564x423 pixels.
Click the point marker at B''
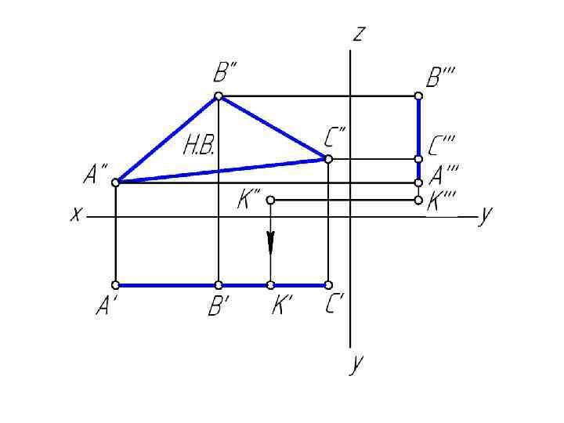click(x=219, y=96)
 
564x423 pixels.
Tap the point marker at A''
click(x=115, y=183)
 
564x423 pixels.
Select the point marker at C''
click(x=328, y=159)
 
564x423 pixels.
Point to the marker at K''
click(x=270, y=201)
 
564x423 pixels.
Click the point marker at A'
click(x=115, y=285)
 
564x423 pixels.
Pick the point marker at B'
click(x=219, y=285)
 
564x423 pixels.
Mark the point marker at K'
click(x=270, y=285)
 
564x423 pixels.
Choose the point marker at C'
click(x=328, y=285)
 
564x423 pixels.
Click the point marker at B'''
click(x=418, y=96)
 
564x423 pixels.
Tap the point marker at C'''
click(x=418, y=159)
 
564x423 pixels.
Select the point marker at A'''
click(x=418, y=183)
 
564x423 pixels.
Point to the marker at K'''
click(x=418, y=201)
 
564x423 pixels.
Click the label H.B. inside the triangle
click(x=199, y=147)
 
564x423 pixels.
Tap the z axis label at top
click(x=360, y=34)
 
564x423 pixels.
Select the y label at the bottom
click(x=357, y=366)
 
